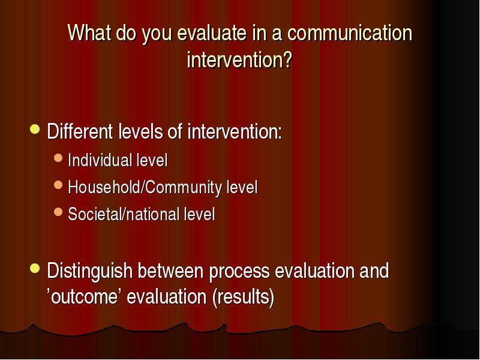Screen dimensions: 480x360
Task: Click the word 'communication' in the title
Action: click(x=350, y=32)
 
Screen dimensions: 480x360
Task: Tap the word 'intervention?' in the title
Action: click(x=239, y=59)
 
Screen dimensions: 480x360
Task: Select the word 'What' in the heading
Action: click(x=89, y=32)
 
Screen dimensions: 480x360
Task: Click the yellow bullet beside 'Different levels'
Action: click(x=35, y=129)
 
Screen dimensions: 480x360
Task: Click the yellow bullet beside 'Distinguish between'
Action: click(x=35, y=268)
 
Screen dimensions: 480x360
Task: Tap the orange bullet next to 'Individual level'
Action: click(x=58, y=158)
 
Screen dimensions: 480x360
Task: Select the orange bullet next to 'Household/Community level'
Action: click(x=58, y=185)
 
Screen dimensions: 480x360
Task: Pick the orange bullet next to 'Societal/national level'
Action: click(x=58, y=212)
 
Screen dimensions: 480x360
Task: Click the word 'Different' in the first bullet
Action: click(x=80, y=131)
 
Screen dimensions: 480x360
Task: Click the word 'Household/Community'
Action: click(x=145, y=187)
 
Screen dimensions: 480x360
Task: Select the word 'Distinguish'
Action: click(x=89, y=271)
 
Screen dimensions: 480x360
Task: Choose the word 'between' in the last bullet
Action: click(x=170, y=271)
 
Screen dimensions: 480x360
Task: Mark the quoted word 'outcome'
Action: click(x=84, y=296)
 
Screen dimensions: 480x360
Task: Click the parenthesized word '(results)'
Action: click(x=244, y=297)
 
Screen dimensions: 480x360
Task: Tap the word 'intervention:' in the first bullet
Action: click(x=235, y=131)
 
